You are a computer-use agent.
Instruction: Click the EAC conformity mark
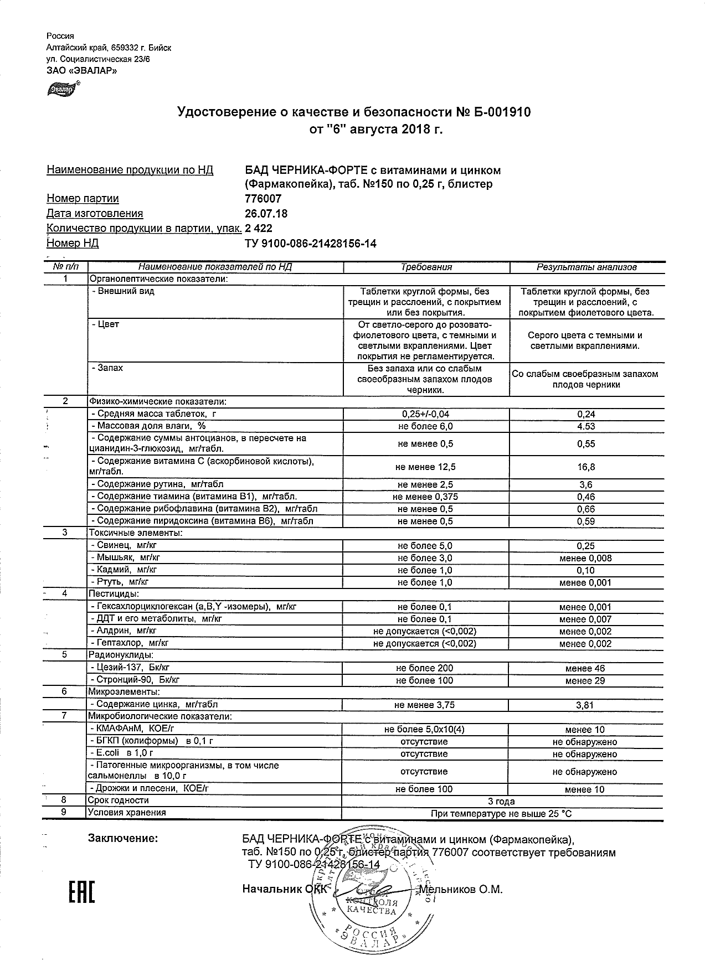[x=82, y=890]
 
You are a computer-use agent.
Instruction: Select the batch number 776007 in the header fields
[x=263, y=199]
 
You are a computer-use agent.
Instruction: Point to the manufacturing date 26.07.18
[x=266, y=214]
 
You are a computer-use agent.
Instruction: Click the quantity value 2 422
[x=259, y=229]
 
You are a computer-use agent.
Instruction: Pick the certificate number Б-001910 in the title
[x=502, y=112]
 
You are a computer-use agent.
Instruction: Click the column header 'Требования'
[x=426, y=267]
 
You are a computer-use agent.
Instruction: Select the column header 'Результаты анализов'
[x=586, y=267]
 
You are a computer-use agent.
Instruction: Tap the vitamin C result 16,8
[x=586, y=467]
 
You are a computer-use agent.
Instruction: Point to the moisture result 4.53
[x=586, y=426]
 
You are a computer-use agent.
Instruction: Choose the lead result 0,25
[x=586, y=546]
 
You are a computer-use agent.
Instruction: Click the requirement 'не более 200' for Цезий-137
[x=425, y=668]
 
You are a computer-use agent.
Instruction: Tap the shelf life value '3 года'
[x=501, y=802]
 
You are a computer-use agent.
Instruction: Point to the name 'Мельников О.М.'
[x=461, y=890]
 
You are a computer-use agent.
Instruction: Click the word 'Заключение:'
[x=123, y=838]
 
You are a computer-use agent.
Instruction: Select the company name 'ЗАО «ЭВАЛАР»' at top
[x=82, y=71]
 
